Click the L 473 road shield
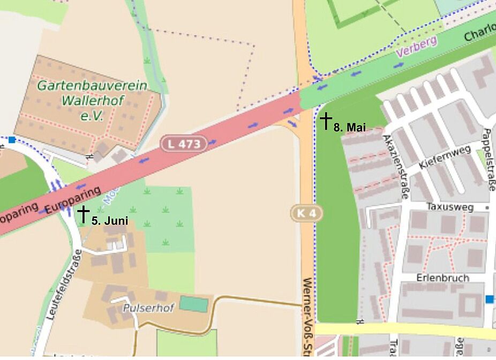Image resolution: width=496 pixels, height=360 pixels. (x=184, y=144)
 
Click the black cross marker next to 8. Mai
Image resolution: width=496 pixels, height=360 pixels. (x=326, y=121)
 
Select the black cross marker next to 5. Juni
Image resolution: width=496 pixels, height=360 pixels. (x=84, y=214)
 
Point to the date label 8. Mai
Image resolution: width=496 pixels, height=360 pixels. (x=349, y=127)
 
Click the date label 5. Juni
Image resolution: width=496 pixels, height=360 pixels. (x=110, y=221)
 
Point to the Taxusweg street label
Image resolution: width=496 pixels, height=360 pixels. (x=448, y=206)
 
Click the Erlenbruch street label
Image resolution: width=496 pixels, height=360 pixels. (x=442, y=278)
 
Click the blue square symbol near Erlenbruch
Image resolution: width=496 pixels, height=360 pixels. (x=489, y=299)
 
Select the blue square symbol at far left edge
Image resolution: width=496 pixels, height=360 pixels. (x=12, y=140)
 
